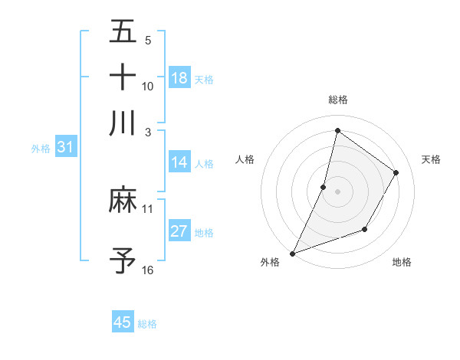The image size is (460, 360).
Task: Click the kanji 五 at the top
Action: [123, 33]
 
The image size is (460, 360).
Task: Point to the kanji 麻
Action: [123, 201]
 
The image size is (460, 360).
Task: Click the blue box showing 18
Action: [179, 78]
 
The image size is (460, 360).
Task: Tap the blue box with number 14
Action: [179, 162]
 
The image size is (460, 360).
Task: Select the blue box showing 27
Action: [179, 231]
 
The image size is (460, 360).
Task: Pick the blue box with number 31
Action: [64, 147]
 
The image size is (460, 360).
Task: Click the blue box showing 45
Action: [123, 322]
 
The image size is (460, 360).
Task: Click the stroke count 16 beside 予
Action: [148, 270]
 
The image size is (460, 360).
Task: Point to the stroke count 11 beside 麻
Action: [148, 208]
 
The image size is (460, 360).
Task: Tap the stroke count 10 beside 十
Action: [148, 87]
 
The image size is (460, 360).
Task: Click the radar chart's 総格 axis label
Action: [337, 100]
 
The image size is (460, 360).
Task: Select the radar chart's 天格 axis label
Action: [431, 159]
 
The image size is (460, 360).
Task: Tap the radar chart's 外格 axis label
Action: [270, 262]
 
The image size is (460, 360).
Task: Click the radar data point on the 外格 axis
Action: [293, 253]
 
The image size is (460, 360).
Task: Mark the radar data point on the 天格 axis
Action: [396, 173]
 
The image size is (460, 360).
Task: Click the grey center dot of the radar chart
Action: [337, 191]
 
